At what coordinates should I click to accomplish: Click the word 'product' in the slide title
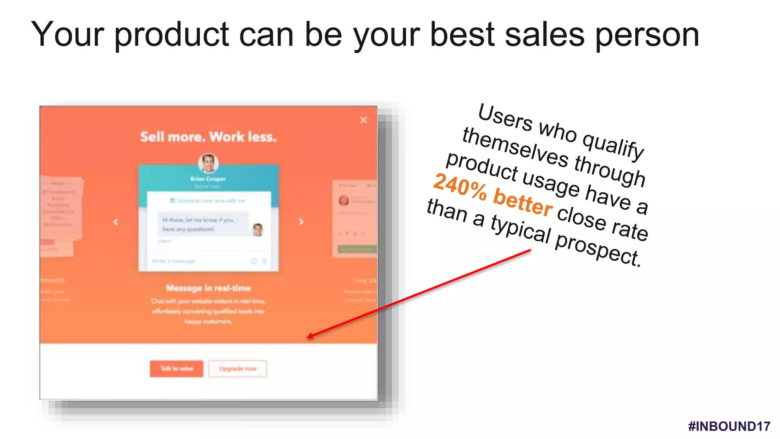point(171,35)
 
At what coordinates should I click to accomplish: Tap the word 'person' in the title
point(647,35)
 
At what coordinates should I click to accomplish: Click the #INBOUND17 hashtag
point(729,426)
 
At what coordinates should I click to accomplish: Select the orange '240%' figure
point(460,186)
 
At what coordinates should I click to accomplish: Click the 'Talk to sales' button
point(176,369)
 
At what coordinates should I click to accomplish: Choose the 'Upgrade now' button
point(238,369)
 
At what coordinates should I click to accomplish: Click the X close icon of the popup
point(363,120)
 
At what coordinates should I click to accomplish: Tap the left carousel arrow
point(116,222)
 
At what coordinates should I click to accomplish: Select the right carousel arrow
point(301,222)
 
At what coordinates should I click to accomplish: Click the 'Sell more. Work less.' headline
point(208,137)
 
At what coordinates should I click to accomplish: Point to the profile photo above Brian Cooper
point(208,163)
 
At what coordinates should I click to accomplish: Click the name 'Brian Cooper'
point(208,179)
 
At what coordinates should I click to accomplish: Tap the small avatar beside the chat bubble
point(258,229)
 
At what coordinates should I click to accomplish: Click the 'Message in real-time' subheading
point(208,288)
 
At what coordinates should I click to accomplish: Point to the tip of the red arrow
point(308,337)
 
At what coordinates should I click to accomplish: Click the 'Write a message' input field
point(198,261)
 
